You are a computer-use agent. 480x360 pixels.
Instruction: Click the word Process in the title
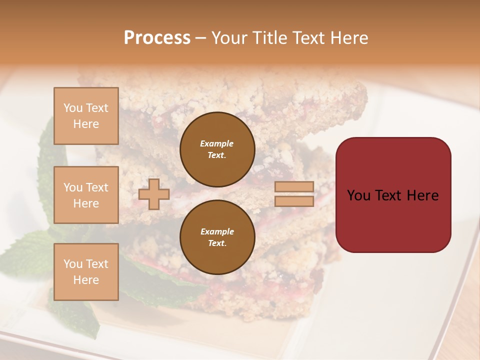(157, 38)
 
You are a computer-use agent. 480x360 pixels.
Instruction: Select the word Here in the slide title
(349, 38)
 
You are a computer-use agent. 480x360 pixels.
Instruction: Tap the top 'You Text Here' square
(86, 116)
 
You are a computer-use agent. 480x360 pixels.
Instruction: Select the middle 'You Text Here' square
(86, 195)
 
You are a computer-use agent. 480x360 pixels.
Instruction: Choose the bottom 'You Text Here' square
(86, 272)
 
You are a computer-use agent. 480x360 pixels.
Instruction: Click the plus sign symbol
(154, 194)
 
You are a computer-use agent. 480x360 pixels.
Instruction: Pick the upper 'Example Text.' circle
(217, 149)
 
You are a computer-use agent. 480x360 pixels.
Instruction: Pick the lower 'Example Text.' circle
(217, 237)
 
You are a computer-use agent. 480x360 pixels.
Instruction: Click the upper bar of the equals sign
(294, 187)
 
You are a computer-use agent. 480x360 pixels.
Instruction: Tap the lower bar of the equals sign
(294, 201)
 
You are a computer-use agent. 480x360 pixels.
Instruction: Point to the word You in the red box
(359, 195)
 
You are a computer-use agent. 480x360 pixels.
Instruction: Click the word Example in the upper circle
(217, 143)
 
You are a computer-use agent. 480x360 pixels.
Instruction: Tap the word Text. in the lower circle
(217, 243)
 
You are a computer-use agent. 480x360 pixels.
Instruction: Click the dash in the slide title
(201, 38)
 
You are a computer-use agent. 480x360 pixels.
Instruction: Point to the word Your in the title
(230, 38)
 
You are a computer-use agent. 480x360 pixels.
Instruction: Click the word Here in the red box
(422, 195)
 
